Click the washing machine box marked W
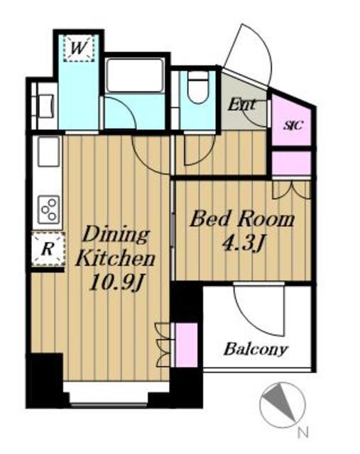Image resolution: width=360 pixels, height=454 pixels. click(79, 48)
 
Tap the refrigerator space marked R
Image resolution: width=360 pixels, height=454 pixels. click(48, 249)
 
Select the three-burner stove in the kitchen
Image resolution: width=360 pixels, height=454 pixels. click(49, 210)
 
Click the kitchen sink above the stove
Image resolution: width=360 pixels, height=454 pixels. click(48, 151)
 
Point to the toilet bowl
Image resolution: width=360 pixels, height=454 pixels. click(198, 87)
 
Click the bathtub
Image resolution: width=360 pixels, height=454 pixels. click(133, 75)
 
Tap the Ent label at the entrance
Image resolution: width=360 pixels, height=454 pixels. click(241, 105)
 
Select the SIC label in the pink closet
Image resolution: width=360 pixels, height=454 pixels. click(293, 126)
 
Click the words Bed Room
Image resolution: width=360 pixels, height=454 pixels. click(241, 219)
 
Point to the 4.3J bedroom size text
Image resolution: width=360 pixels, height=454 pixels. click(244, 245)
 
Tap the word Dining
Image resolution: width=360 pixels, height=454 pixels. click(116, 235)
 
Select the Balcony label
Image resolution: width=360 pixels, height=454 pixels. click(256, 349)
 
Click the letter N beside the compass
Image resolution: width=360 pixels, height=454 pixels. click(303, 433)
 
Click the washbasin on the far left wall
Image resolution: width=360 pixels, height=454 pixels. click(45, 106)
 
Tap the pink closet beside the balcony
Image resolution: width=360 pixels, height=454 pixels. click(187, 345)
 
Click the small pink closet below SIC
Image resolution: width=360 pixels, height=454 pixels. click(291, 163)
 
